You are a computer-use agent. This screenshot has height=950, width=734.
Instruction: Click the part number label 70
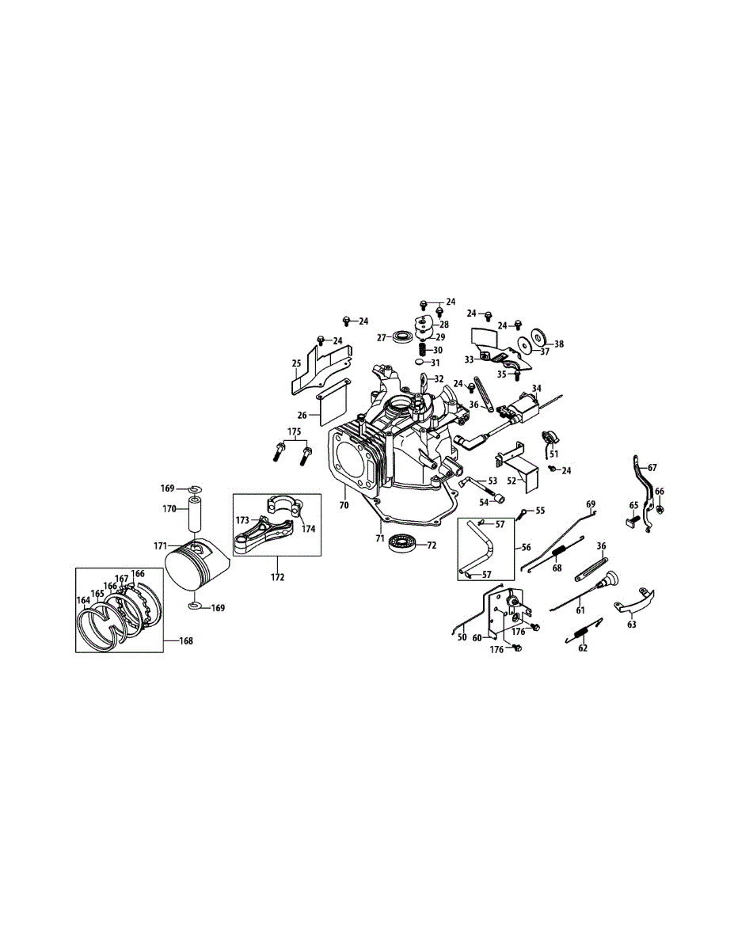[x=344, y=503]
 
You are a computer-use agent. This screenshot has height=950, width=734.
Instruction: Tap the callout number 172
[x=277, y=577]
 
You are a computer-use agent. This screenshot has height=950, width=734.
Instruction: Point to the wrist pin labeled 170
[x=196, y=515]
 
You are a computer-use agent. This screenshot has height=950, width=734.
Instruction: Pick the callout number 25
[x=296, y=364]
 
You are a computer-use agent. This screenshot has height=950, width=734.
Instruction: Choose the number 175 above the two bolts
[x=295, y=433]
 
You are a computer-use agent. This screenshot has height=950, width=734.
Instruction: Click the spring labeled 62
[x=583, y=633]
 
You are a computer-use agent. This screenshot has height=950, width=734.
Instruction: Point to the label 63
[x=631, y=625]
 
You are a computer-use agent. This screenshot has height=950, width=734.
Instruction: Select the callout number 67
[x=652, y=468]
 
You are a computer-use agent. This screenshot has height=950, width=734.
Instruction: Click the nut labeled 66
[x=661, y=508]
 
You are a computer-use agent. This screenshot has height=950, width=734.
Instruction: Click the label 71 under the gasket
[x=380, y=538]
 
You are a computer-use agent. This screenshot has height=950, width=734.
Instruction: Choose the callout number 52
[x=512, y=481]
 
